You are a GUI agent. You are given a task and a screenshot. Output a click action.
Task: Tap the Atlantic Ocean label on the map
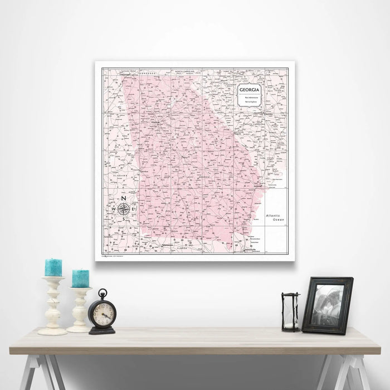click(x=274, y=217)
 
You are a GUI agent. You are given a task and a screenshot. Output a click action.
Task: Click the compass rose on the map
click(x=124, y=209)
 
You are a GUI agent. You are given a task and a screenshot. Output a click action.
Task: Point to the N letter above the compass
click(x=124, y=199)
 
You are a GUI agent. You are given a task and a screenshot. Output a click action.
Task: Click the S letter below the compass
click(x=124, y=219)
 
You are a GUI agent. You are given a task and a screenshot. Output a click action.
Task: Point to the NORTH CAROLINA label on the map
click(x=187, y=72)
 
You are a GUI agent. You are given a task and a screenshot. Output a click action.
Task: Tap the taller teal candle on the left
click(x=53, y=267)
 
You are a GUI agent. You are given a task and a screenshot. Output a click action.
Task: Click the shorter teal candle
click(x=80, y=279)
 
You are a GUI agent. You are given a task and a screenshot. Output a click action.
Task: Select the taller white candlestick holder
click(x=53, y=306)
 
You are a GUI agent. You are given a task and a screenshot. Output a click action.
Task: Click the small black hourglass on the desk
click(x=290, y=312)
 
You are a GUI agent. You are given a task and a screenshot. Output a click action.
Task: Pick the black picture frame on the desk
click(x=327, y=305)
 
